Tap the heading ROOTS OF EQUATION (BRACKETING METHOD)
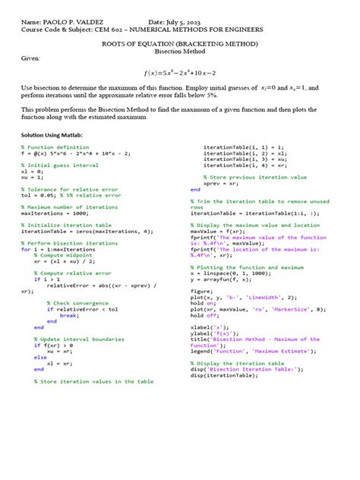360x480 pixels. tap(180, 45)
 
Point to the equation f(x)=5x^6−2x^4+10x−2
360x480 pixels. tap(180, 72)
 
